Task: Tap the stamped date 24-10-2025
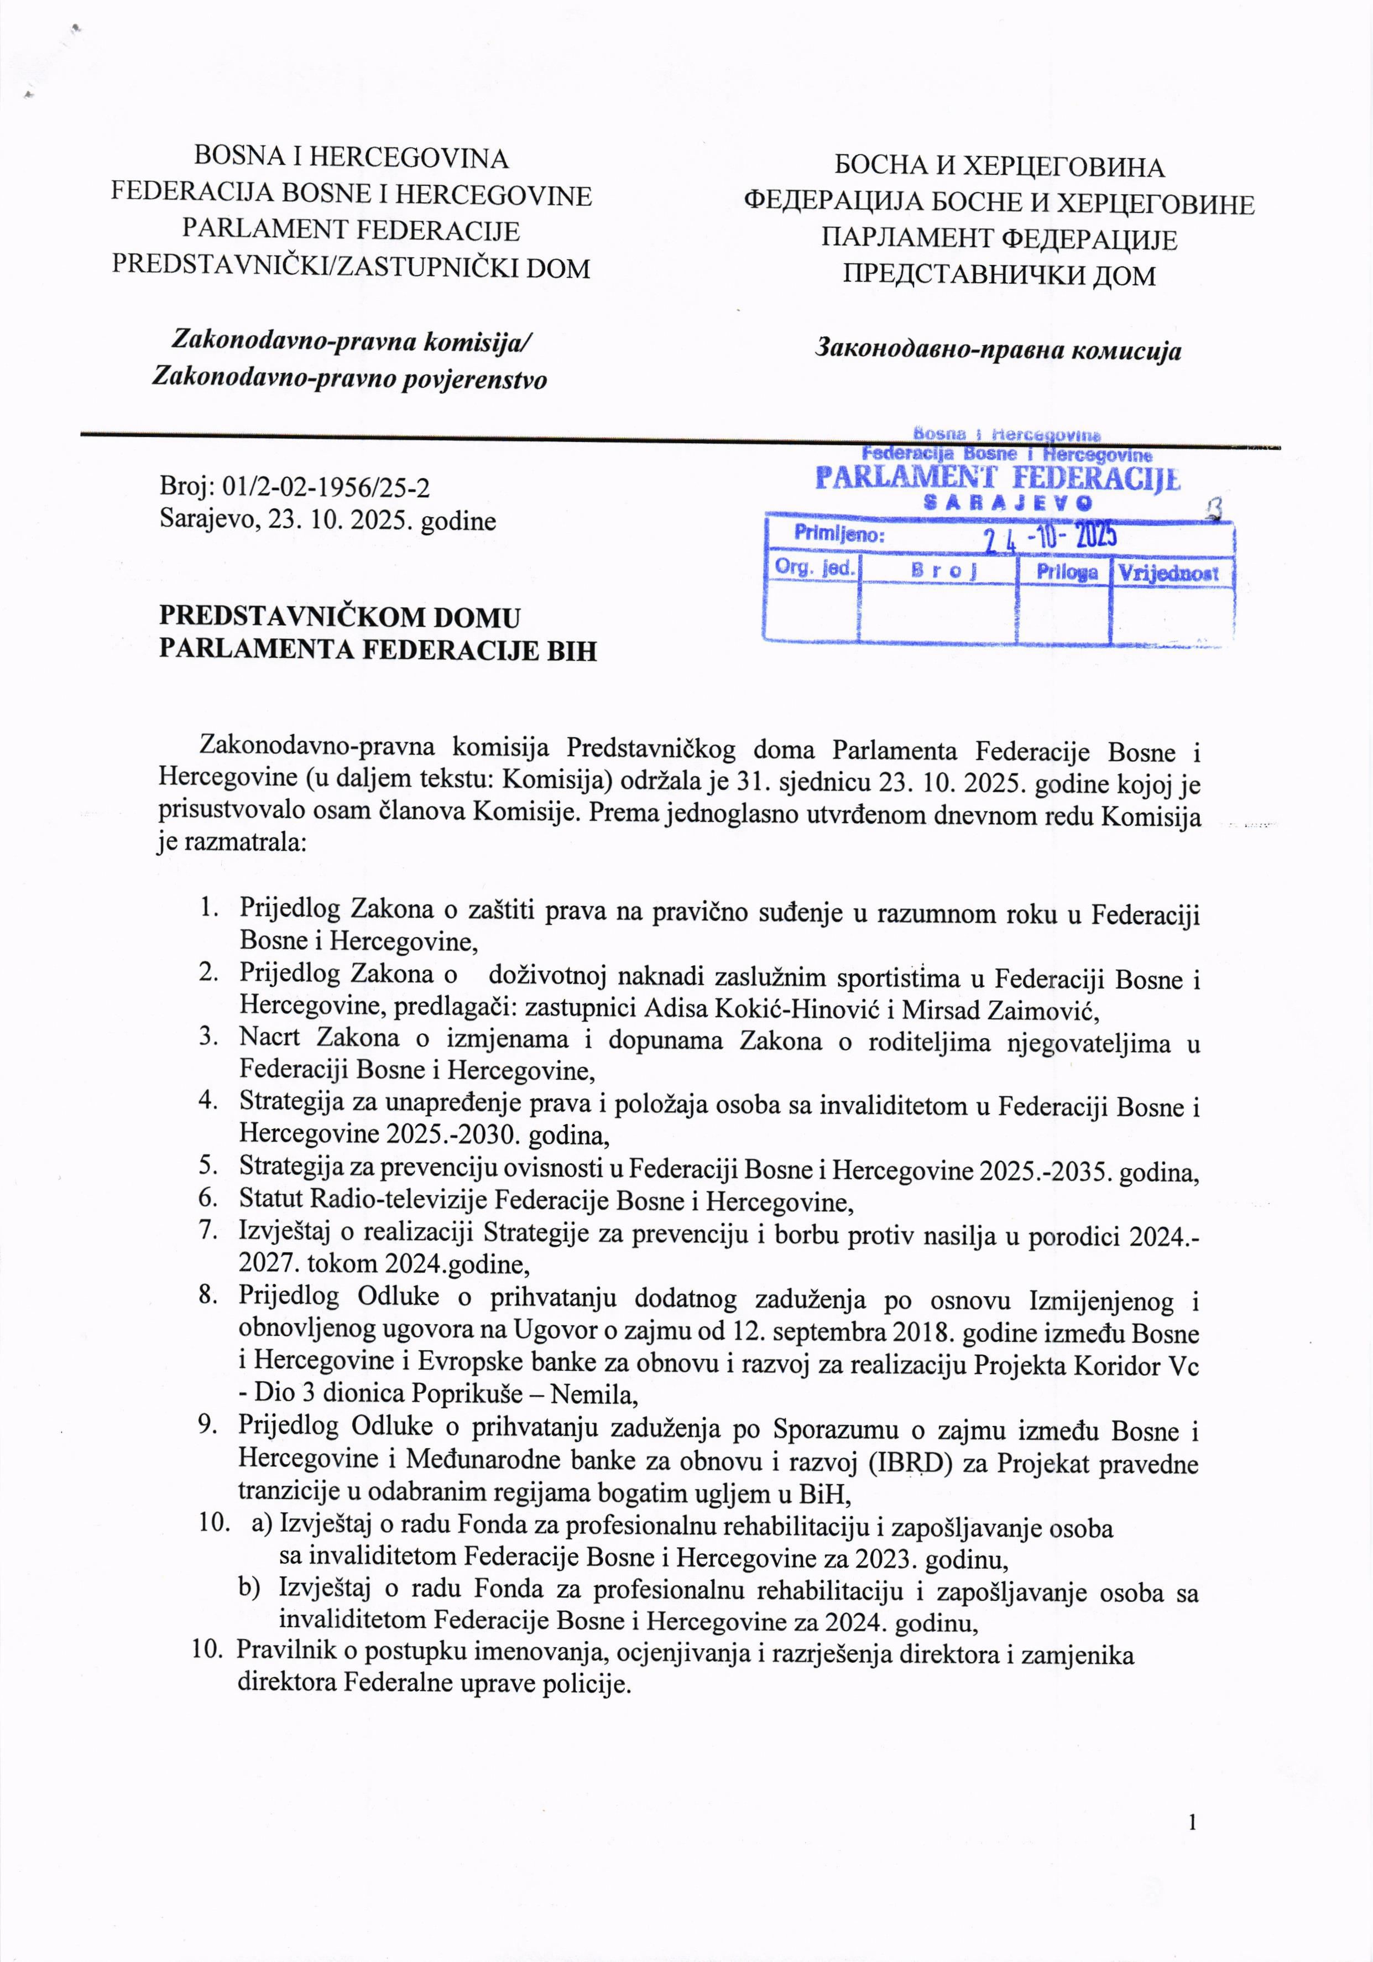pos(1050,536)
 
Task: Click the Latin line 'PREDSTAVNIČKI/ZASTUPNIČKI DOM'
pos(351,268)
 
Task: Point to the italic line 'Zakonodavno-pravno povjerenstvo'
pos(349,378)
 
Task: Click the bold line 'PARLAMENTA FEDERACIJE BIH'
pos(378,650)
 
